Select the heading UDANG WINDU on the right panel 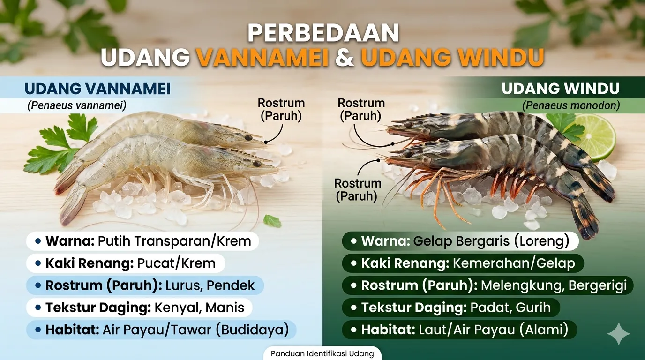[x=561, y=89]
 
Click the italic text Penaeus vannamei [x=76, y=105]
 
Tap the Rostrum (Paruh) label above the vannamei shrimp [x=281, y=109]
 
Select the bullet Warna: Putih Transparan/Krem [x=142, y=241]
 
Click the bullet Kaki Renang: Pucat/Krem [x=125, y=263]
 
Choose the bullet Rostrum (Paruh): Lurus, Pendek [x=144, y=285]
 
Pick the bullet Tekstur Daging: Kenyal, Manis [x=139, y=307]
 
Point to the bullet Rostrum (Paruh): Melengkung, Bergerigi [x=487, y=285]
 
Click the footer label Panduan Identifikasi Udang [x=322, y=353]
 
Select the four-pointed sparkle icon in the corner [x=618, y=333]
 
